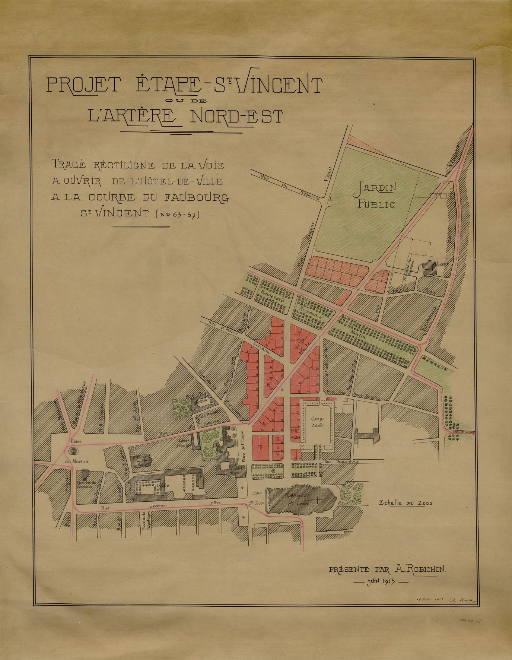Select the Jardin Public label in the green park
pyautogui.click(x=375, y=196)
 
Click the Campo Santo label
pyautogui.click(x=317, y=422)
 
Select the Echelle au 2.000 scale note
pyautogui.click(x=405, y=502)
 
